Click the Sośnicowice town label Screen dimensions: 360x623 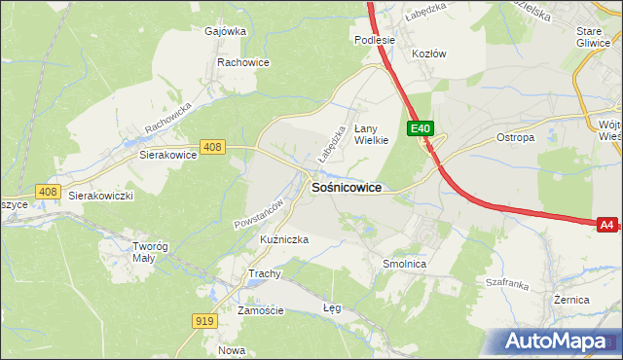346,187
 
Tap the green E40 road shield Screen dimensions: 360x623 420,128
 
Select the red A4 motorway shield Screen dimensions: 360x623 606,225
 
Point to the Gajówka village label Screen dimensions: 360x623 225,30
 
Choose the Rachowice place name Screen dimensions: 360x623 243,62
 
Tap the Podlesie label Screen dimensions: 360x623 375,40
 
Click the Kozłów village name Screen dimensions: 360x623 429,54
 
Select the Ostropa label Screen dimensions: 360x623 516,138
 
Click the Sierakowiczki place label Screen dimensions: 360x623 100,195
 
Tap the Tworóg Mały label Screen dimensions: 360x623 150,252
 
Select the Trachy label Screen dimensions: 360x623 265,273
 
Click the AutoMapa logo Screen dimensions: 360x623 557,342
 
